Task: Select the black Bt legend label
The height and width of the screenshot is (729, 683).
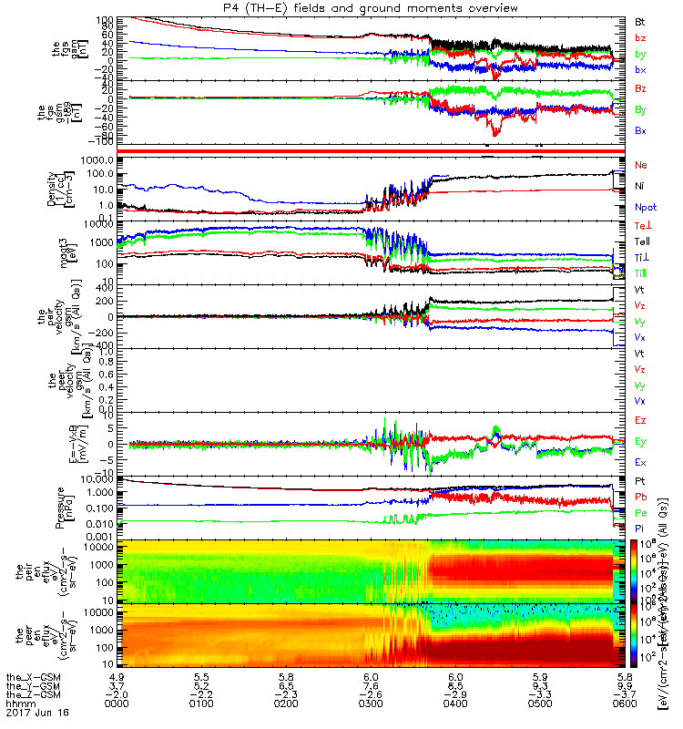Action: pyautogui.click(x=640, y=20)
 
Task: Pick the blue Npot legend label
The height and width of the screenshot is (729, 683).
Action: pyautogui.click(x=645, y=208)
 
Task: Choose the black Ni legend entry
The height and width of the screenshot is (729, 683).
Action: pyautogui.click(x=639, y=186)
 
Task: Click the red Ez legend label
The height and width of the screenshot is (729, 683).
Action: pyautogui.click(x=640, y=421)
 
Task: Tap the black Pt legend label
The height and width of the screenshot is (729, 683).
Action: pyautogui.click(x=640, y=480)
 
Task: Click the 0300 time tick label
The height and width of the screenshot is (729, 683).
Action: pyautogui.click(x=371, y=702)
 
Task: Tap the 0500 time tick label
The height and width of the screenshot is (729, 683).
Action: pyautogui.click(x=537, y=702)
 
